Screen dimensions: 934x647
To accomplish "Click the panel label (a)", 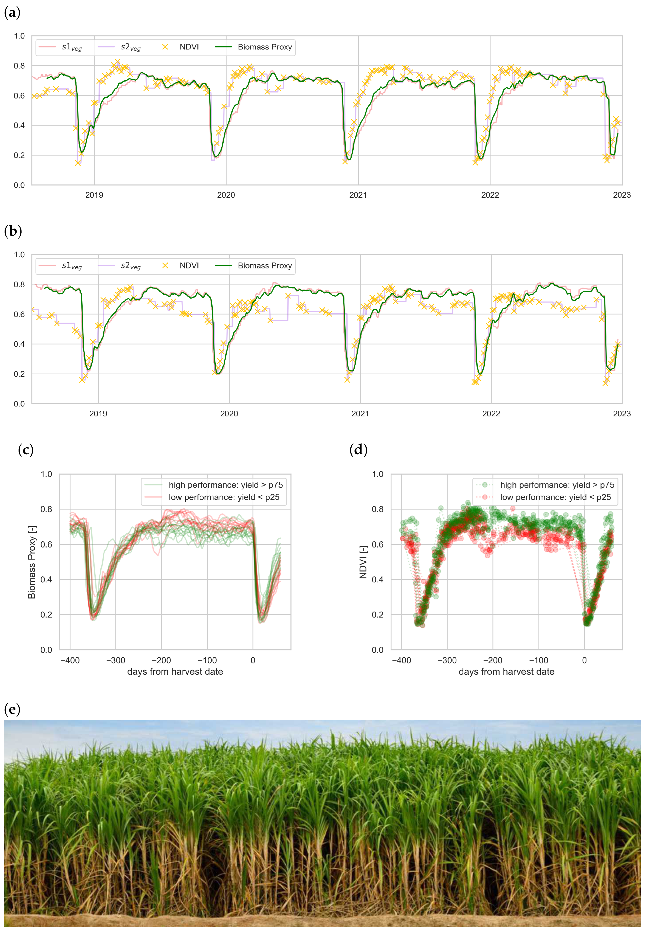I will pyautogui.click(x=12, y=13).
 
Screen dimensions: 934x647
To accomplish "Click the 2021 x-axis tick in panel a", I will pyautogui.click(x=358, y=195).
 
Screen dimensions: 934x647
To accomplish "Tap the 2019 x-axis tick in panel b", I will pyautogui.click(x=98, y=414).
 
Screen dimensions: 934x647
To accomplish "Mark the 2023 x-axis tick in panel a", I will pyautogui.click(x=621, y=195).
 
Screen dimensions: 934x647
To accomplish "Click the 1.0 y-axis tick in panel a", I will pyautogui.click(x=19, y=36).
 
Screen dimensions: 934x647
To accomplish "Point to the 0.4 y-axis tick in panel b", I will pyautogui.click(x=19, y=344).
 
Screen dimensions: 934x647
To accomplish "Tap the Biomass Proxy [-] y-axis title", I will pyautogui.click(x=32, y=562).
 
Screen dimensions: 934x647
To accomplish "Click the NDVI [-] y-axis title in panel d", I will pyautogui.click(x=363, y=562).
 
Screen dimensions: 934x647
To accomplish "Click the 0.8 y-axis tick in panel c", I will pyautogui.click(x=46, y=509).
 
